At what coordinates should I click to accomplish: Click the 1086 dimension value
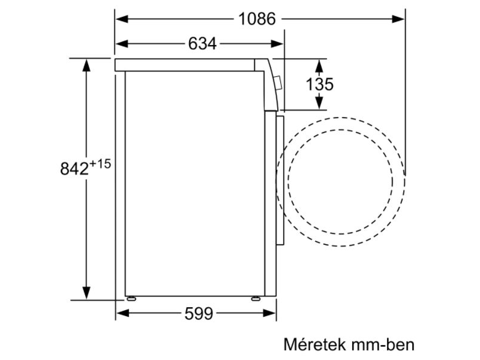coord(257,19)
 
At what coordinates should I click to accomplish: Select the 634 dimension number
coord(202,43)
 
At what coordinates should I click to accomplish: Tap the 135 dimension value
coord(319,85)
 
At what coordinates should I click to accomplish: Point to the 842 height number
coord(74,169)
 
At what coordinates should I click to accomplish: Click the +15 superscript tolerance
coord(100,164)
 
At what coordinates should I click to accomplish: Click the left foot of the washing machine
coord(130,298)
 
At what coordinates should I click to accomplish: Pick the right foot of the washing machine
coord(256,298)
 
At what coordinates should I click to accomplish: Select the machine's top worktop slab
coord(186,65)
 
